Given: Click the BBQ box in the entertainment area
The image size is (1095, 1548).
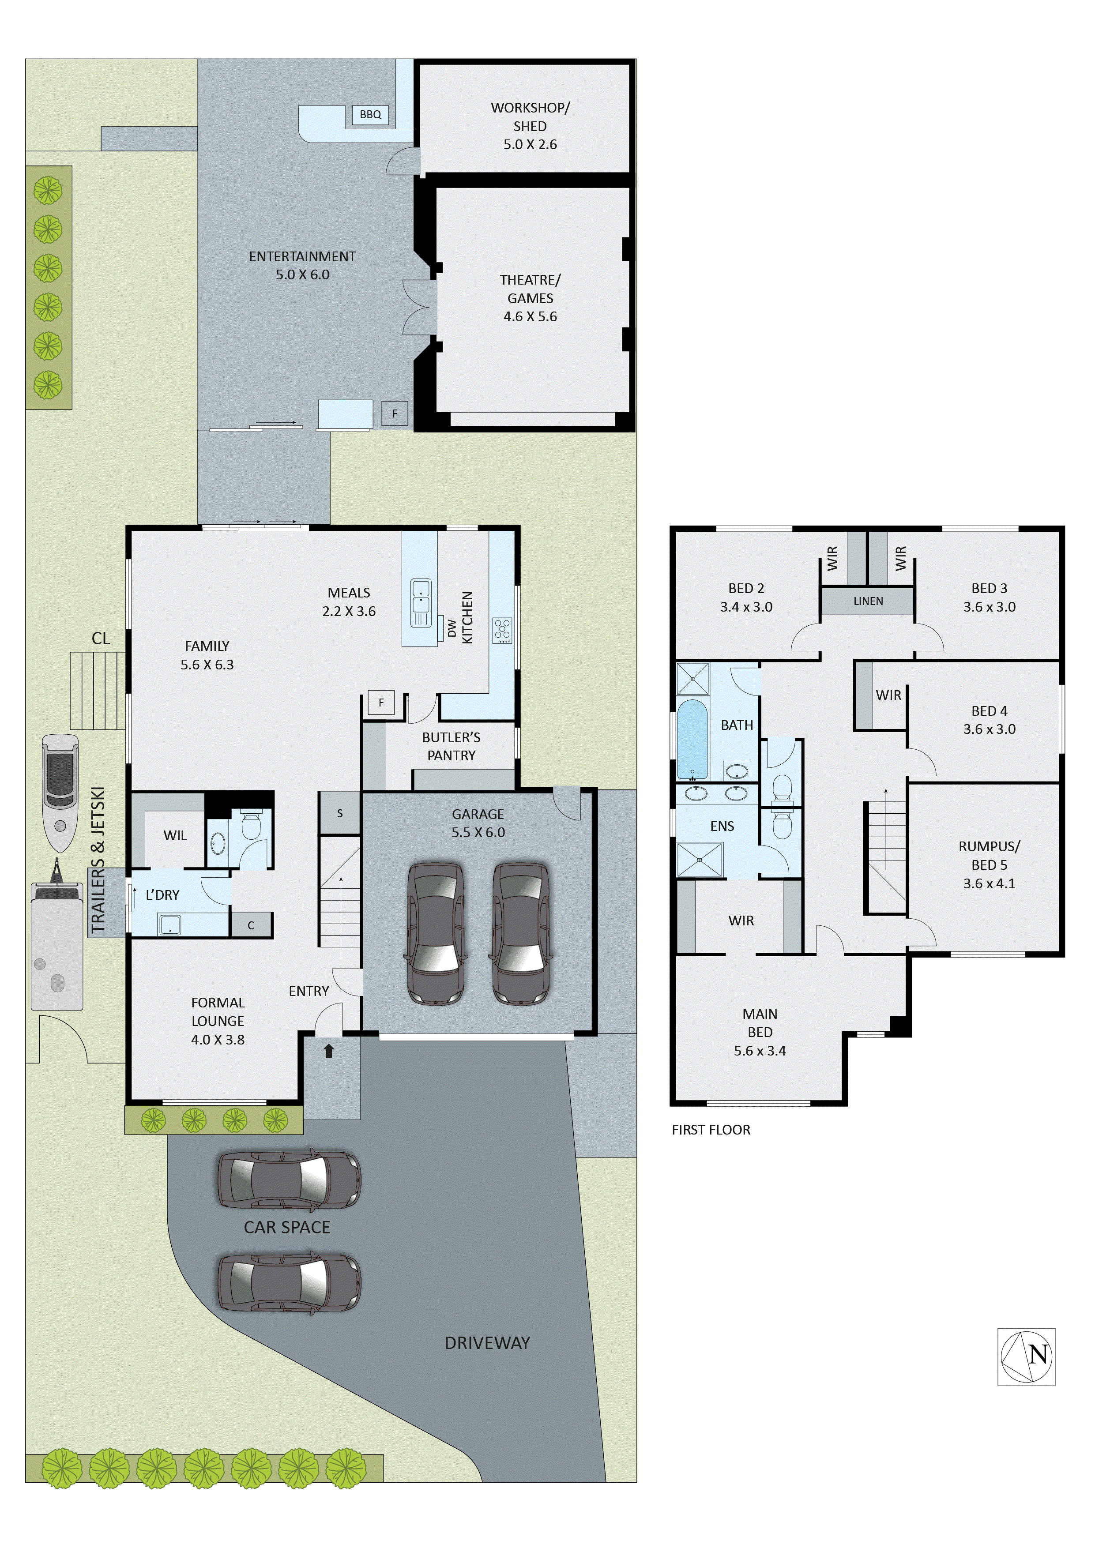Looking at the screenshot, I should coord(370,115).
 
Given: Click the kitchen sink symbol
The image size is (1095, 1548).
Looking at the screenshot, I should coord(421,602).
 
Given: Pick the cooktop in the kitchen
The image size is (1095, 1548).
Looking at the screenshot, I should coord(502,630).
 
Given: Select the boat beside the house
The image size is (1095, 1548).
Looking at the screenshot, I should coord(60,792).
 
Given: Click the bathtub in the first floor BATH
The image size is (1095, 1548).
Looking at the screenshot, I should coord(692,740).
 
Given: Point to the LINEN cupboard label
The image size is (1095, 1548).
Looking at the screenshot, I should coord(868,601).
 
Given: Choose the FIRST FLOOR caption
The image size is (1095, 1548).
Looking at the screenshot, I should coord(711,1129).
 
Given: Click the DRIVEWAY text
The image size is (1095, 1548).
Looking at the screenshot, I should coord(487,1342).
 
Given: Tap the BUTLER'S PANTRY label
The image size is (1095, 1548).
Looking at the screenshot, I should coord(451,746).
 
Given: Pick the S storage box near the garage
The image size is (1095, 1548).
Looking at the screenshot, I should coord(340,813).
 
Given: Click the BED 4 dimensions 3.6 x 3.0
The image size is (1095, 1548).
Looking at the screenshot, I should coord(989,729).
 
